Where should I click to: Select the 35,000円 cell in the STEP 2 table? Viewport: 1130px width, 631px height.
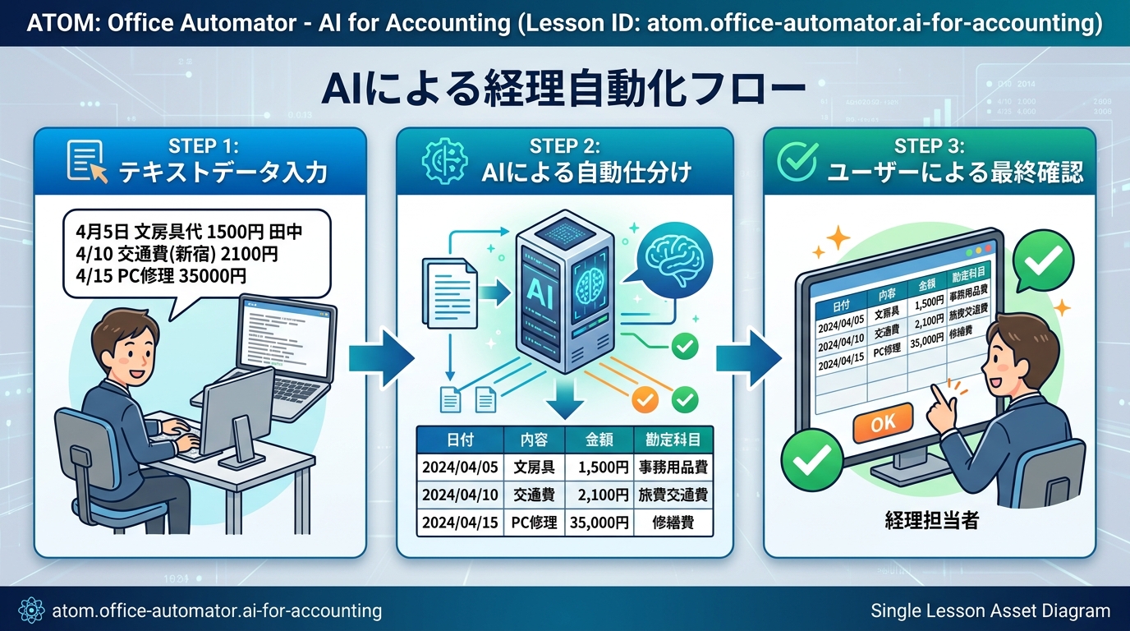598,522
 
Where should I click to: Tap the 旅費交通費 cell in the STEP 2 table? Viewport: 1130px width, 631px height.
673,495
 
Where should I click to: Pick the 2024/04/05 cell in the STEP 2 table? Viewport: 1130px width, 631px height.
459,468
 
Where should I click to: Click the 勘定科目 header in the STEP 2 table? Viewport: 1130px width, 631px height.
673,440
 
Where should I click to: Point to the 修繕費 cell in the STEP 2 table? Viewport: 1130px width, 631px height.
673,522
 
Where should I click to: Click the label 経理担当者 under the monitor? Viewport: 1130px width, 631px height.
931,519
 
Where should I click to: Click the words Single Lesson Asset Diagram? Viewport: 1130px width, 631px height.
990,610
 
